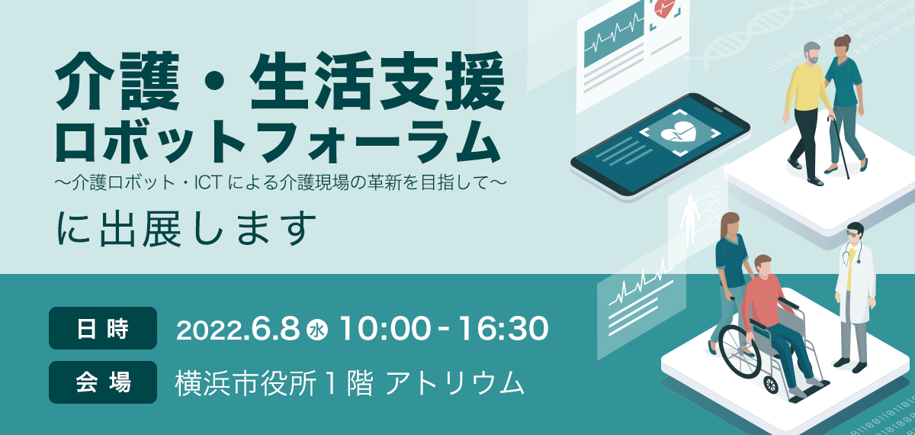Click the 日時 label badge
click(x=103, y=328)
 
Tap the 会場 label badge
click(x=103, y=382)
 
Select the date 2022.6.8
click(x=238, y=329)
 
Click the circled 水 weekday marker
click(x=317, y=330)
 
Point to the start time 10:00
click(x=385, y=329)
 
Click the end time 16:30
click(x=502, y=329)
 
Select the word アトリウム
click(x=455, y=383)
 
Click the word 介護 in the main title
click(x=117, y=81)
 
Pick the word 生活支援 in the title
click(x=377, y=81)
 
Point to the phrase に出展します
click(x=186, y=229)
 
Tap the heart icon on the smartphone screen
click(x=678, y=132)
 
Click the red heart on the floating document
click(x=665, y=8)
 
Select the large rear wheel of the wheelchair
click(x=740, y=352)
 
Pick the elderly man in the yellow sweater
click(x=807, y=112)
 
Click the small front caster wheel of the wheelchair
click(x=771, y=385)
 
